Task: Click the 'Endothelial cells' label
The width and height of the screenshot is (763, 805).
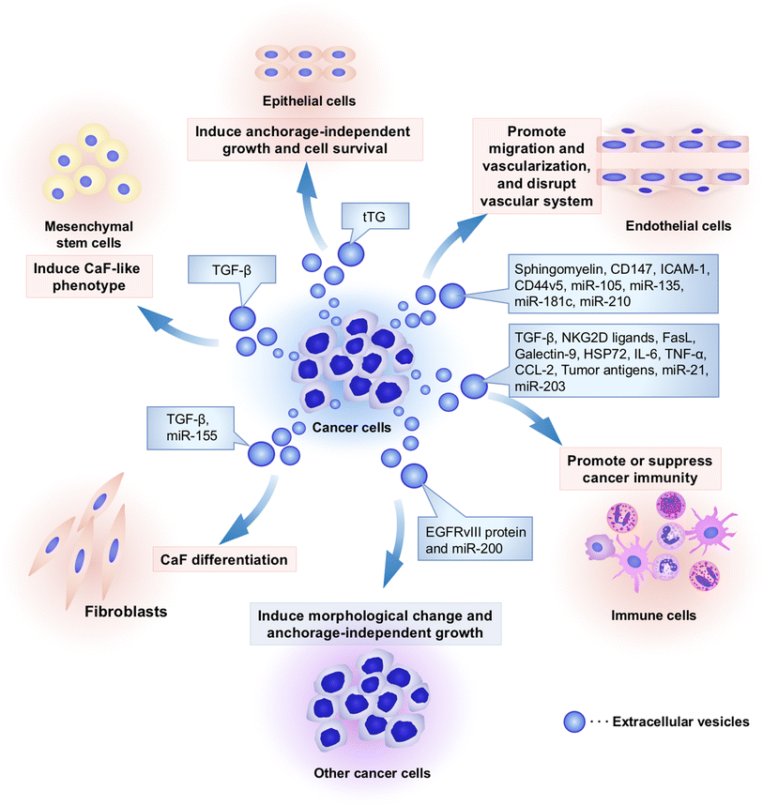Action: pyautogui.click(x=678, y=226)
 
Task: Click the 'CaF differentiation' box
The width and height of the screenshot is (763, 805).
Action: pyautogui.click(x=224, y=560)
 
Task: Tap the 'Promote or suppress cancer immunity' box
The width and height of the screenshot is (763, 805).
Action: pyautogui.click(x=640, y=469)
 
